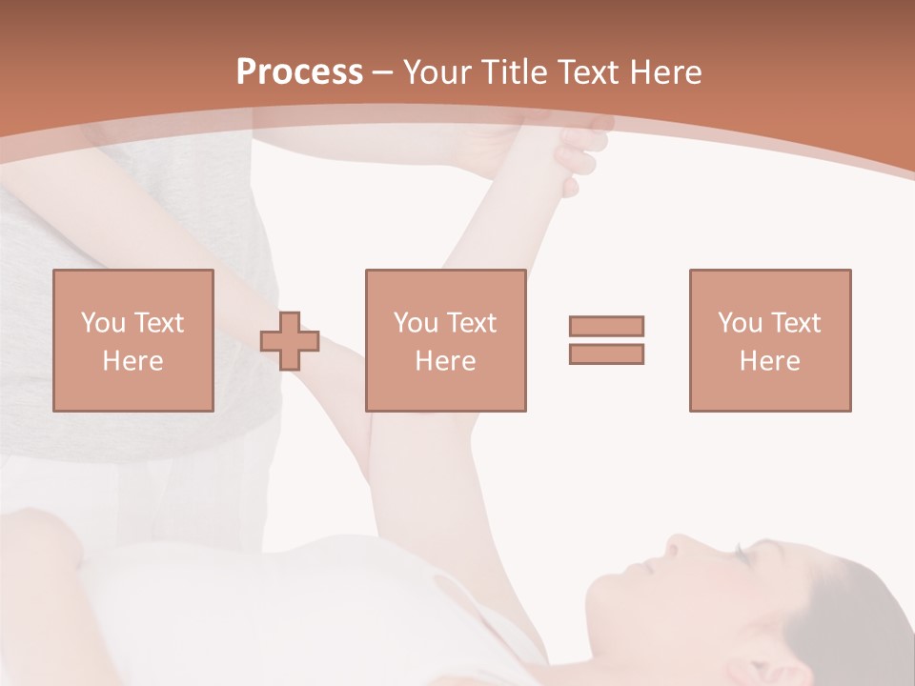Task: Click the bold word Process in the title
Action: click(x=299, y=71)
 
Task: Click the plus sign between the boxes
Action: click(x=290, y=340)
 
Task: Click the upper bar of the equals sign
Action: click(x=606, y=326)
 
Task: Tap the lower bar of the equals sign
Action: click(x=606, y=353)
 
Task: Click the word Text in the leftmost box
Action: click(x=159, y=323)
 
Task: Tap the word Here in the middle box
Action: click(x=445, y=361)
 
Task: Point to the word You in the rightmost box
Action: click(x=741, y=323)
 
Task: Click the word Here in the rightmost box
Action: click(x=769, y=361)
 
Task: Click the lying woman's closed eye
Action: click(x=738, y=552)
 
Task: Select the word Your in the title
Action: click(x=438, y=71)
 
